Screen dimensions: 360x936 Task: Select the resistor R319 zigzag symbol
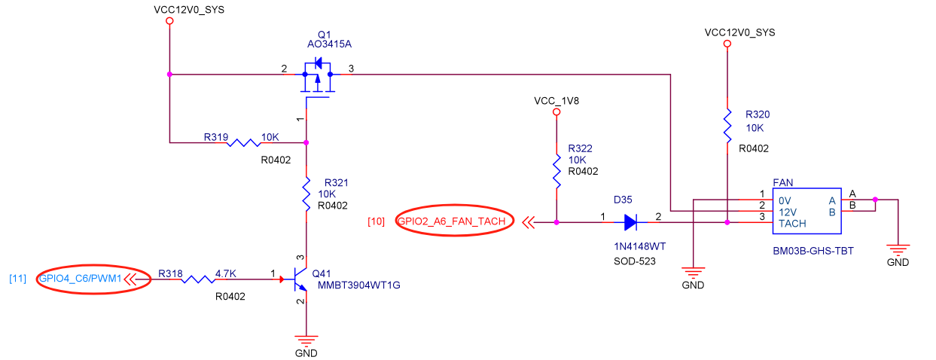tap(244, 142)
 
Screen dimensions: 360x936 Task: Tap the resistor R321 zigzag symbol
tap(306, 195)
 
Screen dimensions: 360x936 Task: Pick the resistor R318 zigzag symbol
tap(197, 279)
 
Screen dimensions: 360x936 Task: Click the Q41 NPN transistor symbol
tap(298, 280)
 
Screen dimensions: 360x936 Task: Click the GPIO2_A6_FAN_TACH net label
tap(451, 221)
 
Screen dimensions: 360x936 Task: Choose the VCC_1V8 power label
tap(556, 100)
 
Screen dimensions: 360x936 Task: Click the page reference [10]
tap(377, 221)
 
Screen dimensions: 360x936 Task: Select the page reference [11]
tap(18, 279)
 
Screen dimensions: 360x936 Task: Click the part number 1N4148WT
tap(639, 246)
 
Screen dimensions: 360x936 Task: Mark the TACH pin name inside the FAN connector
tap(792, 223)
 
